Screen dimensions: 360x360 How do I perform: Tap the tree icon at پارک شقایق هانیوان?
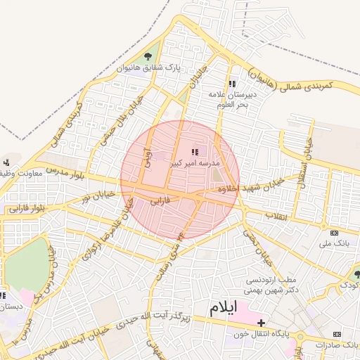pos(147,57)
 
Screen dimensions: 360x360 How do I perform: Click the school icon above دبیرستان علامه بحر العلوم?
pos(233,84)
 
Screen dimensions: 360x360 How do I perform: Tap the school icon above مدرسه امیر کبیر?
pos(195,151)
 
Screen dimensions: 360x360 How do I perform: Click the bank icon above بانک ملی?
pos(334,233)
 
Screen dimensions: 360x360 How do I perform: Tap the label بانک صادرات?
pos(337,345)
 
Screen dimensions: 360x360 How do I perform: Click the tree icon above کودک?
pos(356,274)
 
